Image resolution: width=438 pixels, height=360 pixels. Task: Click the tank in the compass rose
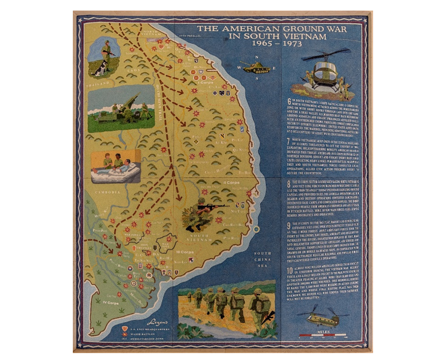[258, 67]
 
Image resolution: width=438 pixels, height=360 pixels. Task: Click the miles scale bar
[322, 336]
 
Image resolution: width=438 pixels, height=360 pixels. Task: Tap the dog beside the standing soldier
[100, 68]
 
